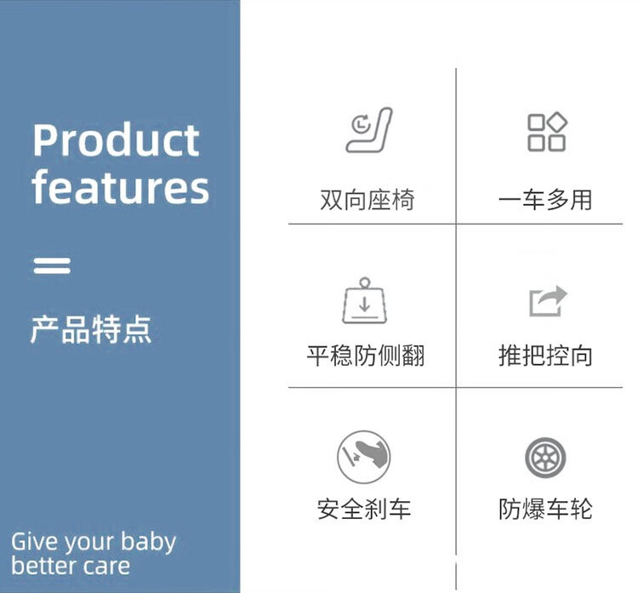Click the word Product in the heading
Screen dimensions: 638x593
[116, 140]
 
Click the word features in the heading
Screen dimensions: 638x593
[121, 186]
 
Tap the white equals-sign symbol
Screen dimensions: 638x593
[52, 265]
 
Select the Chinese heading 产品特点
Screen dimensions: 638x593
[91, 329]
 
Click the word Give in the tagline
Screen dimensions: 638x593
[35, 541]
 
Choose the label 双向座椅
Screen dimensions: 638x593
[367, 200]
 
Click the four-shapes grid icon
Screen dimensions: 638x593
[547, 132]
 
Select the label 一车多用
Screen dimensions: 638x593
[545, 200]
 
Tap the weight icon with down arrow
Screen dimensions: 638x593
[365, 301]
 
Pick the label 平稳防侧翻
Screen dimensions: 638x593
[366, 356]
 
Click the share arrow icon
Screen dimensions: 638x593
[548, 301]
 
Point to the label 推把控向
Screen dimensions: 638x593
[545, 356]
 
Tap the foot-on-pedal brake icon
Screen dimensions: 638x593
[364, 457]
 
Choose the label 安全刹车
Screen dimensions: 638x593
[364, 509]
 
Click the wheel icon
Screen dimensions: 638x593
[545, 458]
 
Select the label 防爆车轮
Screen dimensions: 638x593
[545, 509]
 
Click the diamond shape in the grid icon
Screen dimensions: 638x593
[557, 122]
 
